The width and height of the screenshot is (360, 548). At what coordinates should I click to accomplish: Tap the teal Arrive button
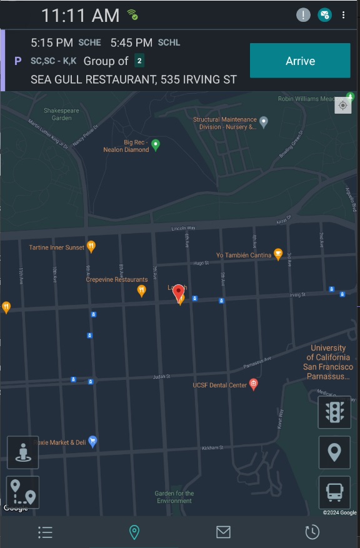[x=300, y=61]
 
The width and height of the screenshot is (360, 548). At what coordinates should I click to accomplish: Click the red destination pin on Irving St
[x=179, y=292]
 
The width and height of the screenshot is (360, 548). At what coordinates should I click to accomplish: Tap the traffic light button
[x=334, y=412]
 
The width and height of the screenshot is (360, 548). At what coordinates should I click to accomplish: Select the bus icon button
[x=334, y=492]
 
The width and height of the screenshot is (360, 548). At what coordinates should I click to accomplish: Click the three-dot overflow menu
[x=344, y=15]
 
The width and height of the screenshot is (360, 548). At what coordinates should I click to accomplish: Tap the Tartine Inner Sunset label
[x=57, y=247]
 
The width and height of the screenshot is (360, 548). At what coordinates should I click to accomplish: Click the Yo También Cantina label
[x=244, y=255]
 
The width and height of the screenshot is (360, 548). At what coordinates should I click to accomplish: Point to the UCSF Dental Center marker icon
[x=254, y=385]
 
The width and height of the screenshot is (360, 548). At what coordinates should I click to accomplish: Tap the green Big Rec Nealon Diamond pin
[x=156, y=145]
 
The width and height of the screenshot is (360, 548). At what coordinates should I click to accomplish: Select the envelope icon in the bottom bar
[x=223, y=532]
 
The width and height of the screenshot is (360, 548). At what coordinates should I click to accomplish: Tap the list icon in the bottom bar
[x=45, y=532]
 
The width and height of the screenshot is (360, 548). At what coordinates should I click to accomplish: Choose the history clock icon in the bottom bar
[x=312, y=532]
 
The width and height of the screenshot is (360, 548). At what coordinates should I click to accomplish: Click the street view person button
[x=23, y=452]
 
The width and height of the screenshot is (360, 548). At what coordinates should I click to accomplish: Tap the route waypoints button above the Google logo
[x=23, y=492]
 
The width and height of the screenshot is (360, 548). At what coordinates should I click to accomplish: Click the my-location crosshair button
[x=343, y=106]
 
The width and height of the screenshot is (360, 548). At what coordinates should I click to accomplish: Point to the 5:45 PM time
[x=131, y=42]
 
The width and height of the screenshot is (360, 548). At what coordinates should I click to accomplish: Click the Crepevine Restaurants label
[x=117, y=280]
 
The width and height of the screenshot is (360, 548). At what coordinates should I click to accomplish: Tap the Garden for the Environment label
[x=174, y=497]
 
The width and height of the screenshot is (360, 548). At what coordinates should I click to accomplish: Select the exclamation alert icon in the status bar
[x=303, y=15]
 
